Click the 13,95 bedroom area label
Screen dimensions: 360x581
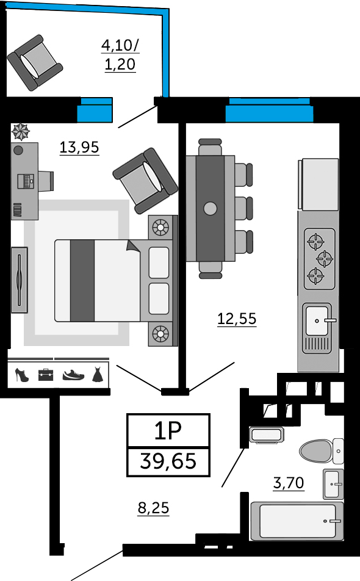pos(79,147)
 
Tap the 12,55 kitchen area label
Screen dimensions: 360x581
pos(237,319)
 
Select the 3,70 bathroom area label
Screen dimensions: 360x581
pos(289,483)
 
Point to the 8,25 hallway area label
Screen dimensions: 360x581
pos(153,508)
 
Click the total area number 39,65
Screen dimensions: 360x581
pos(168,461)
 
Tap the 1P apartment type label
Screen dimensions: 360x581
pos(168,431)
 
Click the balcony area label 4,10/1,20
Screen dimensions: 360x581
pos(120,55)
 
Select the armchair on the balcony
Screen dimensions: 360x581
pos(35,63)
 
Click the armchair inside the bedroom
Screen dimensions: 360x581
pos(145,181)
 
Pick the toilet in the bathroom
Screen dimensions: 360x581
pos(321,451)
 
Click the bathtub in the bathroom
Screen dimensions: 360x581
pos(297,521)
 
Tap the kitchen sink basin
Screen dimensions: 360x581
pos(317,321)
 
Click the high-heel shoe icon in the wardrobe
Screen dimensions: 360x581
pos(21,375)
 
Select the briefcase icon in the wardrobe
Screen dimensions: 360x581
pos(46,375)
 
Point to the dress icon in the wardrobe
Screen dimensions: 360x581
pos(97,374)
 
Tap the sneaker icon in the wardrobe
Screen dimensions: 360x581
pos(73,375)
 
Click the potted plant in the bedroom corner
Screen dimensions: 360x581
pos(21,132)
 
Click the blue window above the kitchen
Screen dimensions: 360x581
pos(269,110)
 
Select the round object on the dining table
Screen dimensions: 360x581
pos(210,209)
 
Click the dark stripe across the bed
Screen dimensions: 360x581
pos(82,281)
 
